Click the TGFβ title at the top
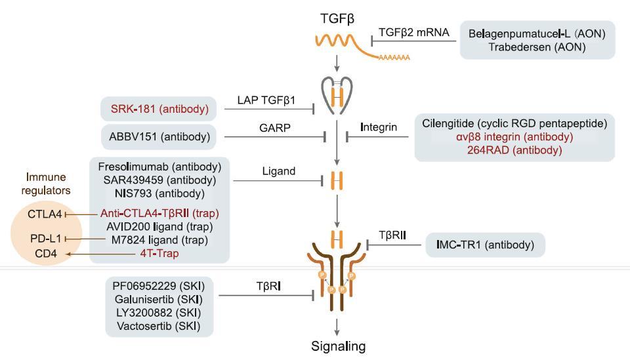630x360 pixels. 337,19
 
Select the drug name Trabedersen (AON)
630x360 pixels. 537,47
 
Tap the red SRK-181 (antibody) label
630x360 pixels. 159,109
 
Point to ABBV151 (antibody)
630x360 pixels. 159,136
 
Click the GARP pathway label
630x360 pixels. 275,128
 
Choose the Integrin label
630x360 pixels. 379,127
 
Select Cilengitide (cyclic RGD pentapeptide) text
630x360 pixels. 514,123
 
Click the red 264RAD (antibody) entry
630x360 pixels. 514,150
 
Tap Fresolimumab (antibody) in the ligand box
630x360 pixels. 159,167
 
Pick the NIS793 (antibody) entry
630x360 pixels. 159,193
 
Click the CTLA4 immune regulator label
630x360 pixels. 45,214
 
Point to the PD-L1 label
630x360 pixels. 45,239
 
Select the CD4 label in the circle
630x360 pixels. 46,254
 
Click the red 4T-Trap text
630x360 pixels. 159,253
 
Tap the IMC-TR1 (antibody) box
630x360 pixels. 486,245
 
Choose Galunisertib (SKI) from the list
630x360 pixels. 158,300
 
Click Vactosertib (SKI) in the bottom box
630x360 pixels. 158,326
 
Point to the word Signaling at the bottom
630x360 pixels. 339,346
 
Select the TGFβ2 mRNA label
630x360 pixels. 414,33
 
